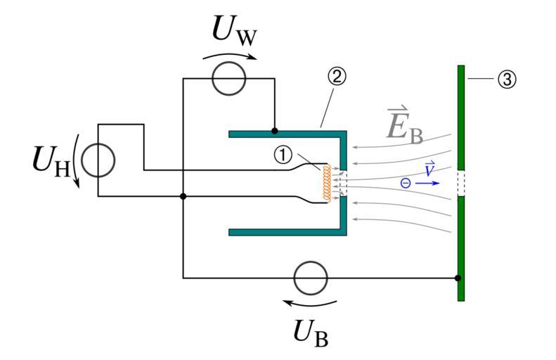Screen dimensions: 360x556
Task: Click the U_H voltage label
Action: (x=51, y=160)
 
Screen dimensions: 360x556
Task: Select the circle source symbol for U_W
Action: (x=228, y=78)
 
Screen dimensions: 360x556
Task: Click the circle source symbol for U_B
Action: (x=310, y=278)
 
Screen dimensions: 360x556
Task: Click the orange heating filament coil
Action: (x=326, y=184)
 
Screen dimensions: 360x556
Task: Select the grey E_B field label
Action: (x=404, y=125)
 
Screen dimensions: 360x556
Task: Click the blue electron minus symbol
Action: (x=405, y=183)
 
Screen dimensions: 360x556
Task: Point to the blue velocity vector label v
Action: (x=429, y=168)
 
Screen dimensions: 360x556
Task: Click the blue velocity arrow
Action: (x=427, y=183)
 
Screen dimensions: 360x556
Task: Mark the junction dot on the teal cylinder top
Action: (x=274, y=131)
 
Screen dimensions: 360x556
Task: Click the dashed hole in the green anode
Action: (x=461, y=183)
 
